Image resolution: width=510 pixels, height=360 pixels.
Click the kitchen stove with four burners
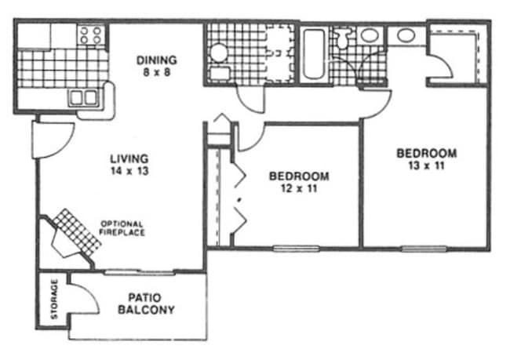click(91, 35)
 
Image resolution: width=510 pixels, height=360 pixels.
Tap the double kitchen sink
click(83, 98)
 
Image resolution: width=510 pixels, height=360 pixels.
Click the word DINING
click(156, 60)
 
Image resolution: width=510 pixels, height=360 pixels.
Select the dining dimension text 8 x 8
click(157, 72)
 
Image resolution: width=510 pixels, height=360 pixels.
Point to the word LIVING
click(129, 158)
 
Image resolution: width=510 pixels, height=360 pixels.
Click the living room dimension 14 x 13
click(129, 171)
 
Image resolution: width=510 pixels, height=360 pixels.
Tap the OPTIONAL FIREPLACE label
click(122, 228)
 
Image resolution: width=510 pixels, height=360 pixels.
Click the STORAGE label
click(54, 299)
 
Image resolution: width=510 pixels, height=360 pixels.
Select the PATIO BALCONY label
click(146, 304)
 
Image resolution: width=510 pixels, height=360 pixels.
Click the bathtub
click(314, 54)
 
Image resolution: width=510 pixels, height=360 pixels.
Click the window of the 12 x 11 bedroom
click(296, 249)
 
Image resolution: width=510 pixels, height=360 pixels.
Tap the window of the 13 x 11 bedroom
click(424, 249)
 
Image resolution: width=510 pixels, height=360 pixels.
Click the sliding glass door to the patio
click(139, 272)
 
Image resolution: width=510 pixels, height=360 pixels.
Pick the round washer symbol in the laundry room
click(218, 53)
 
